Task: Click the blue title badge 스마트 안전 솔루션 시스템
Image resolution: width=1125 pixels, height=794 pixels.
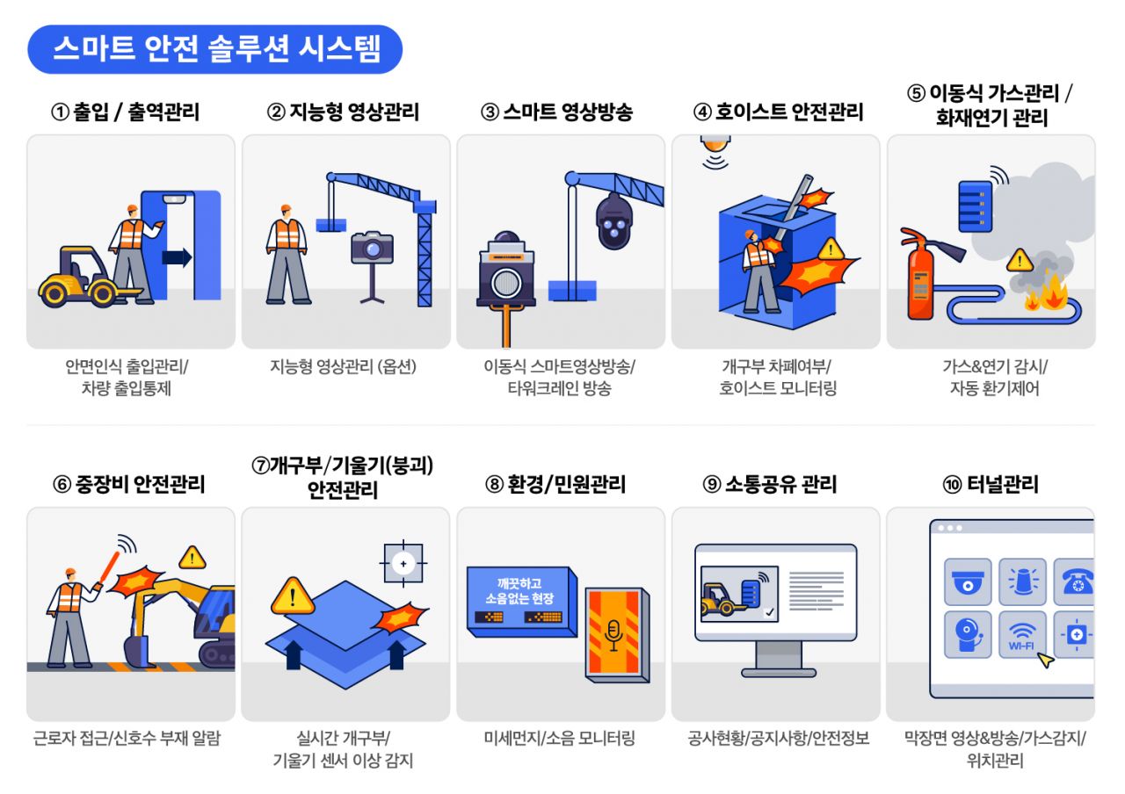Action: tap(215, 49)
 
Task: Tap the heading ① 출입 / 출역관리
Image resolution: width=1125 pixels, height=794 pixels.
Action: tap(126, 112)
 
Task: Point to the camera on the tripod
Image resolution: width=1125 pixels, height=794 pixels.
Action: tap(372, 248)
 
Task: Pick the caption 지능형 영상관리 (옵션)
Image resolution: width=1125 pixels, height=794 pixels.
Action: tap(344, 367)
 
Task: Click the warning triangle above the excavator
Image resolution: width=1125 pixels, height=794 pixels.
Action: tap(192, 557)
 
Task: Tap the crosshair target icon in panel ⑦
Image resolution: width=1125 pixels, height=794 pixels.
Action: tap(403, 562)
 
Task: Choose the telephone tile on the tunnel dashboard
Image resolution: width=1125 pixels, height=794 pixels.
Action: tap(1075, 581)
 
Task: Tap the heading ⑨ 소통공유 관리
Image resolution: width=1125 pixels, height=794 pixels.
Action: tap(769, 484)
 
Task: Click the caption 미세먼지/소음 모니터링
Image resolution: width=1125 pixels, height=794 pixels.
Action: tap(559, 739)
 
